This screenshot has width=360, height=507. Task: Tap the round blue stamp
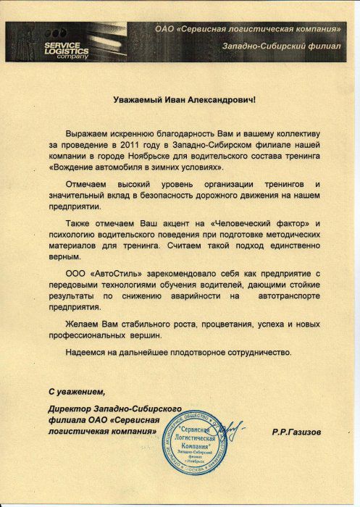tap(196, 444)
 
